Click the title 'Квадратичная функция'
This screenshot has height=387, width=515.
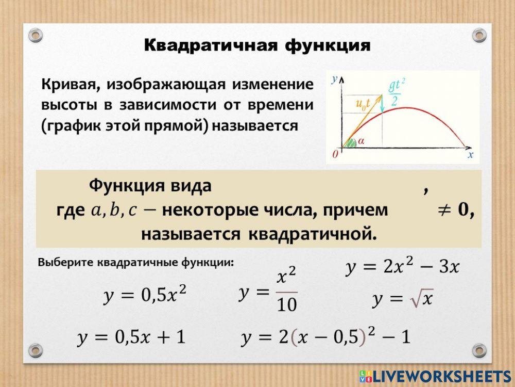tap(257, 45)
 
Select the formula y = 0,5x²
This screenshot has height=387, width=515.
tap(145, 296)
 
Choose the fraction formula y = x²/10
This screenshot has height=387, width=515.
tap(268, 293)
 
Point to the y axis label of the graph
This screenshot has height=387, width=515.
tap(335, 79)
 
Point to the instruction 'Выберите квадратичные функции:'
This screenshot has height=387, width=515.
tap(136, 262)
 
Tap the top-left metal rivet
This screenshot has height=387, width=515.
tap(35, 35)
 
